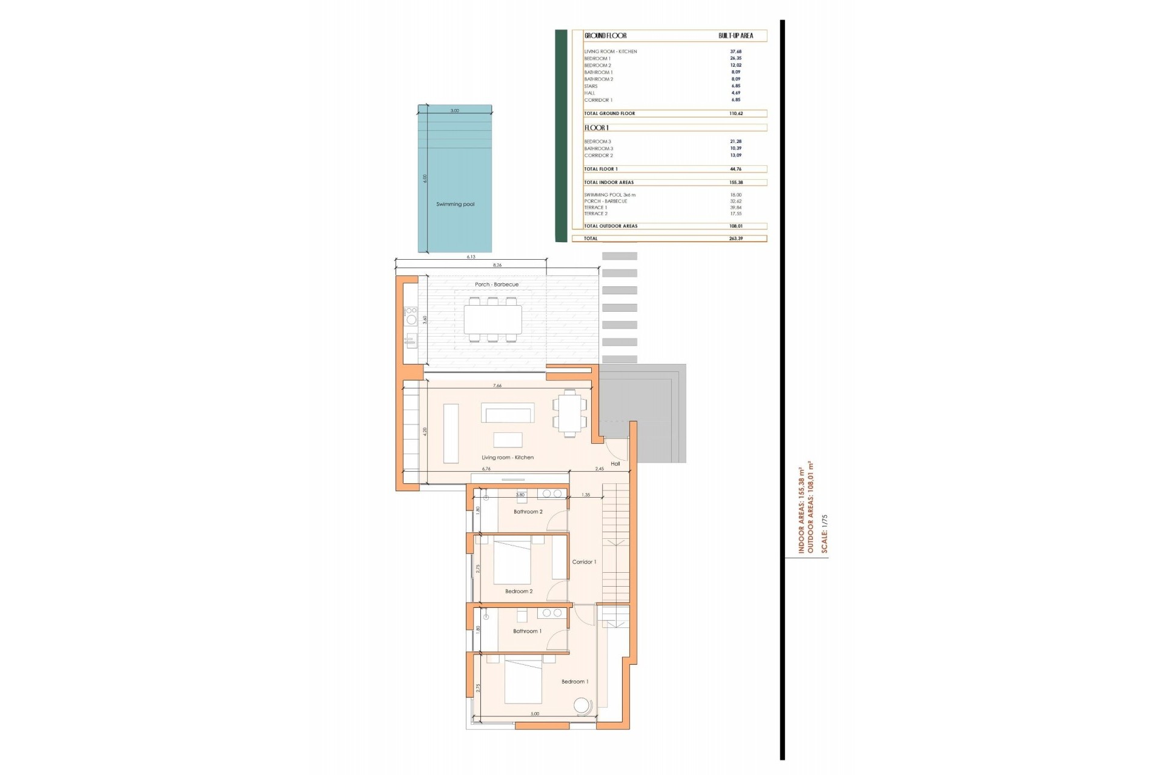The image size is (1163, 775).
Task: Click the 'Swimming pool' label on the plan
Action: point(455,204)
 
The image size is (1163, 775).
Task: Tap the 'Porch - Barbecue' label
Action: point(496,284)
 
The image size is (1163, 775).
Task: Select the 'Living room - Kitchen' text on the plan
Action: point(507,457)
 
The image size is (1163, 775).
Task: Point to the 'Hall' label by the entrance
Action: point(615,464)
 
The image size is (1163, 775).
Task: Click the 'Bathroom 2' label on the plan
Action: point(528,512)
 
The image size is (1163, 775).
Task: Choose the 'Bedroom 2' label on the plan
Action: point(519,591)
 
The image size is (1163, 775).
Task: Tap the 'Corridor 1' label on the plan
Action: point(584,562)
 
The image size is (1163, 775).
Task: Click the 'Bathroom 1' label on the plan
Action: point(527,631)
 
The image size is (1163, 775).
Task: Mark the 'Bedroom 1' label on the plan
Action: point(574,681)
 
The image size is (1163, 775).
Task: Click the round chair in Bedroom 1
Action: point(582,706)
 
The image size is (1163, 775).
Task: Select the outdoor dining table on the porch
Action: point(492,320)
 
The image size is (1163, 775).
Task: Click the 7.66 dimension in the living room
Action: point(497,386)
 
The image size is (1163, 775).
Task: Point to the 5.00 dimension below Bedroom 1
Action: point(534,714)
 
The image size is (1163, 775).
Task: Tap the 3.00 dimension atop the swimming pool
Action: point(454,111)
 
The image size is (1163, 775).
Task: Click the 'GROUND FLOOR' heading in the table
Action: point(605,36)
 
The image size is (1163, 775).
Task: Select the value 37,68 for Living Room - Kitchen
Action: point(735,51)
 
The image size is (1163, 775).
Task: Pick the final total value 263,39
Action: point(735,239)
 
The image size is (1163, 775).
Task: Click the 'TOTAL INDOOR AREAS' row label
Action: point(608,182)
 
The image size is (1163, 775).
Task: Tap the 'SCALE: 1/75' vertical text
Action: point(824,533)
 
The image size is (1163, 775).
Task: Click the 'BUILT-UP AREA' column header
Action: point(735,36)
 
